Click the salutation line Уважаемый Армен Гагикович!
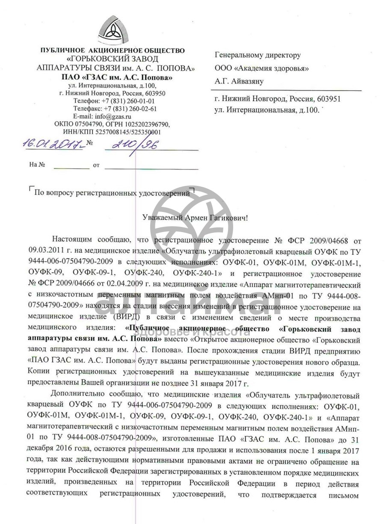pos(195,218)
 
